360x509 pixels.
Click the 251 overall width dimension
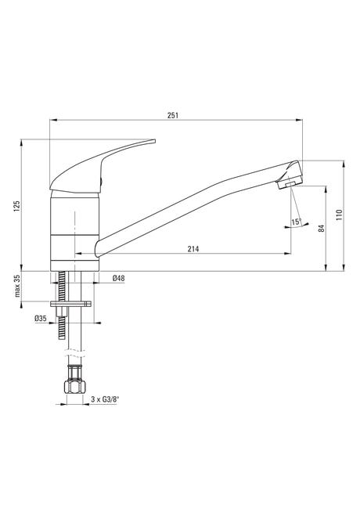173,115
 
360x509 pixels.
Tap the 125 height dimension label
17,206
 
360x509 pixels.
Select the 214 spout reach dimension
193,249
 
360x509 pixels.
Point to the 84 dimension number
322,228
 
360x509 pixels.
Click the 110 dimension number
339,215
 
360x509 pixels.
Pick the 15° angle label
296,222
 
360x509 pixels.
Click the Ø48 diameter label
119,278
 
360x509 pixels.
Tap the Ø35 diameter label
41,319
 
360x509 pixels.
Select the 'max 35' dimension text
17,286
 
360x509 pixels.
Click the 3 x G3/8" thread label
105,399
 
